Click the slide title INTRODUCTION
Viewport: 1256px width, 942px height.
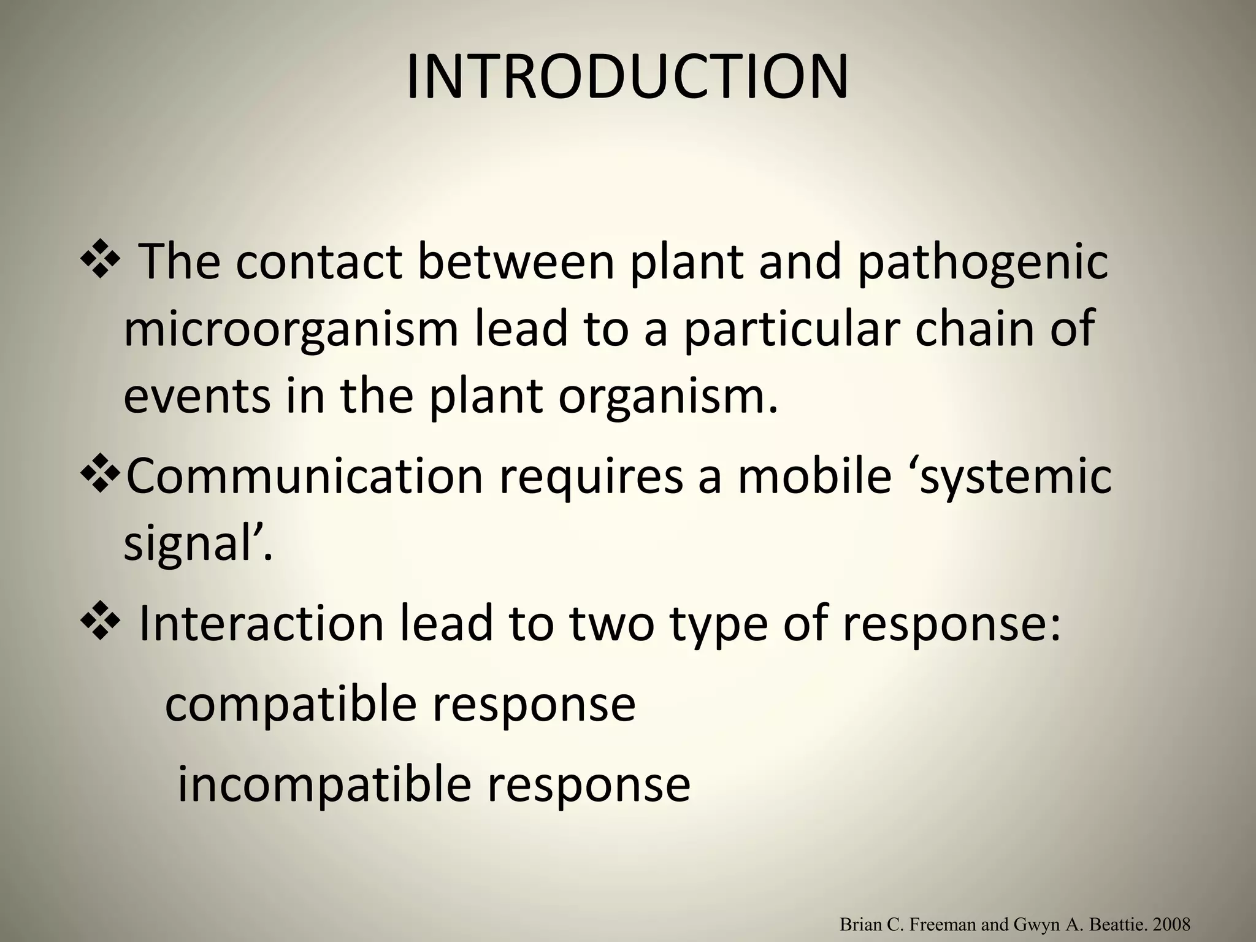click(x=627, y=78)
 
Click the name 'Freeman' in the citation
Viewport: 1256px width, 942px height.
click(x=943, y=924)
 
